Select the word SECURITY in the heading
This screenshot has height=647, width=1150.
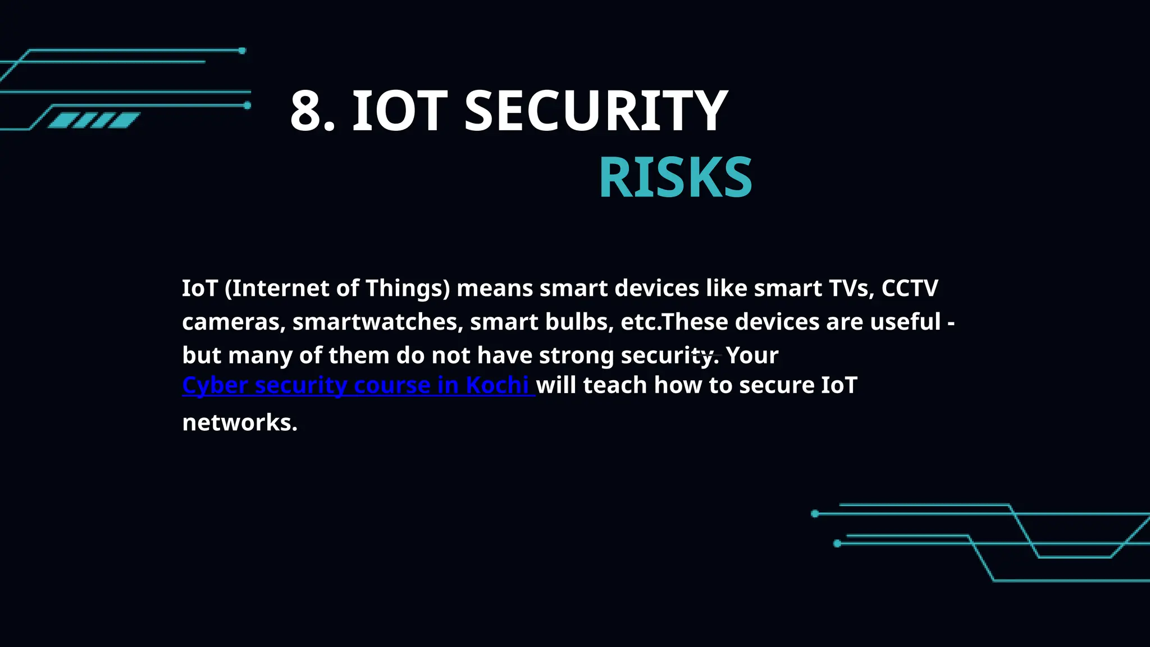click(x=596, y=111)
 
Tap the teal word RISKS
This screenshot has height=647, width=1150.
click(x=675, y=178)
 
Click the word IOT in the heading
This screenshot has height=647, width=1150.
click(x=399, y=111)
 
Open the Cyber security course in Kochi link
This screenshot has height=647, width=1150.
click(x=355, y=385)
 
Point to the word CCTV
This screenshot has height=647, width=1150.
click(x=909, y=288)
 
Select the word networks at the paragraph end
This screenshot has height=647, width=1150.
click(x=239, y=422)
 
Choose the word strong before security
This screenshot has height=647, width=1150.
click(x=576, y=356)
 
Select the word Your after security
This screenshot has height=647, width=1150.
click(x=752, y=356)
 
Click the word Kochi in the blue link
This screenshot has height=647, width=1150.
click(x=497, y=385)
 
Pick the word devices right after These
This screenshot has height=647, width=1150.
click(x=777, y=322)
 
